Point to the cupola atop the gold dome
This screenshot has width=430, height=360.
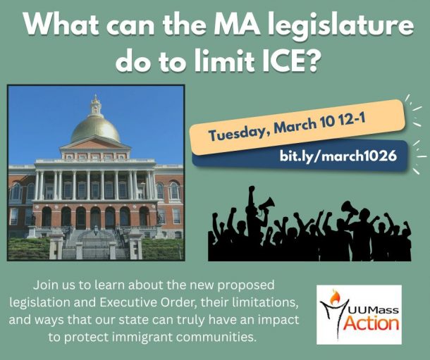tap(95, 106)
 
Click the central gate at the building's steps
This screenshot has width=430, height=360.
tap(96, 251)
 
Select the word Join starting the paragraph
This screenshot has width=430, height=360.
tap(45, 285)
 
